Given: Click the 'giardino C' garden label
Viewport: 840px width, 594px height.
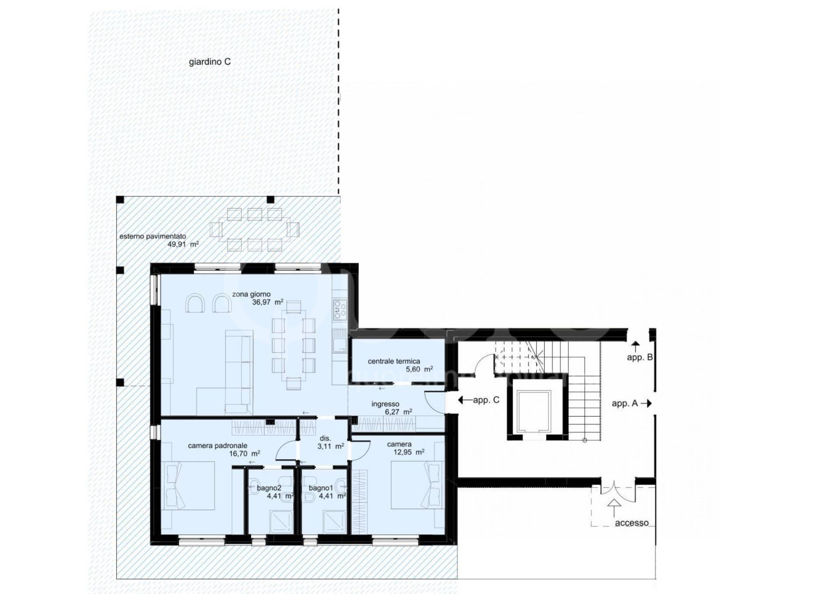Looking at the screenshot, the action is pyautogui.click(x=210, y=62).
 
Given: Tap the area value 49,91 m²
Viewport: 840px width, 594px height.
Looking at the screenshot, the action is pyautogui.click(x=183, y=244).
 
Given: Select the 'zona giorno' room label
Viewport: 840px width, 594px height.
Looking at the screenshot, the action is pyautogui.click(x=251, y=295).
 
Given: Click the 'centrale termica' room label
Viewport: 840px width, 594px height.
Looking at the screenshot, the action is pyautogui.click(x=394, y=362).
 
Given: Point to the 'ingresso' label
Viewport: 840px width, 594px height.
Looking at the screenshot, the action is pyautogui.click(x=385, y=404).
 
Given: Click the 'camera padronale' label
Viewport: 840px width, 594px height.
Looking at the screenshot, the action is pyautogui.click(x=217, y=446).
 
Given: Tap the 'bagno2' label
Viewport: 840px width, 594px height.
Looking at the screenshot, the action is pyautogui.click(x=269, y=488).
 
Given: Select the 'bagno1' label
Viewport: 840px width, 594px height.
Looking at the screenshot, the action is pyautogui.click(x=321, y=488).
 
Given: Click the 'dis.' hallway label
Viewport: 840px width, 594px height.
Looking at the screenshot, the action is pyautogui.click(x=325, y=439).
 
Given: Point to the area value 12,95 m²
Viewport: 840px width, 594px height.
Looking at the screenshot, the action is pyautogui.click(x=409, y=452).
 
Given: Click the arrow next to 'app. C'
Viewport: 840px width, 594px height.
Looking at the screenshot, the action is pyautogui.click(x=465, y=400).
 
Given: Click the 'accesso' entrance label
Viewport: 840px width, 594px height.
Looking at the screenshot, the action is pyautogui.click(x=632, y=523).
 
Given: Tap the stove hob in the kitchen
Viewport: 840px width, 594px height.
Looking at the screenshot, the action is pyautogui.click(x=340, y=309).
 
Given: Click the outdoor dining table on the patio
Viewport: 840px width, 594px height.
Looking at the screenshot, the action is pyautogui.click(x=255, y=229).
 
